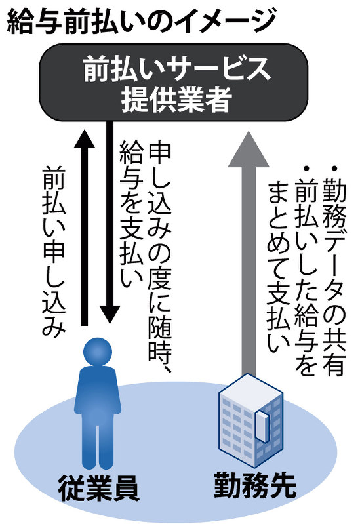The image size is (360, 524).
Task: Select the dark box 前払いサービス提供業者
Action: [174, 82]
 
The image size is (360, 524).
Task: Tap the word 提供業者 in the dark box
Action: [176, 100]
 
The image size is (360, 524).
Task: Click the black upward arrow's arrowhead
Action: [85, 138]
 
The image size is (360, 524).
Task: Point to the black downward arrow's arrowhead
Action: [110, 315]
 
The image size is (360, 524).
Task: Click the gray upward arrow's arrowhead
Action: [249, 149]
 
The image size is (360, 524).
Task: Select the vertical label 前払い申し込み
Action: [54, 251]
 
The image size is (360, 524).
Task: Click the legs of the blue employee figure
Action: [98, 445]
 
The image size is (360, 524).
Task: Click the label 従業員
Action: [98, 490]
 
